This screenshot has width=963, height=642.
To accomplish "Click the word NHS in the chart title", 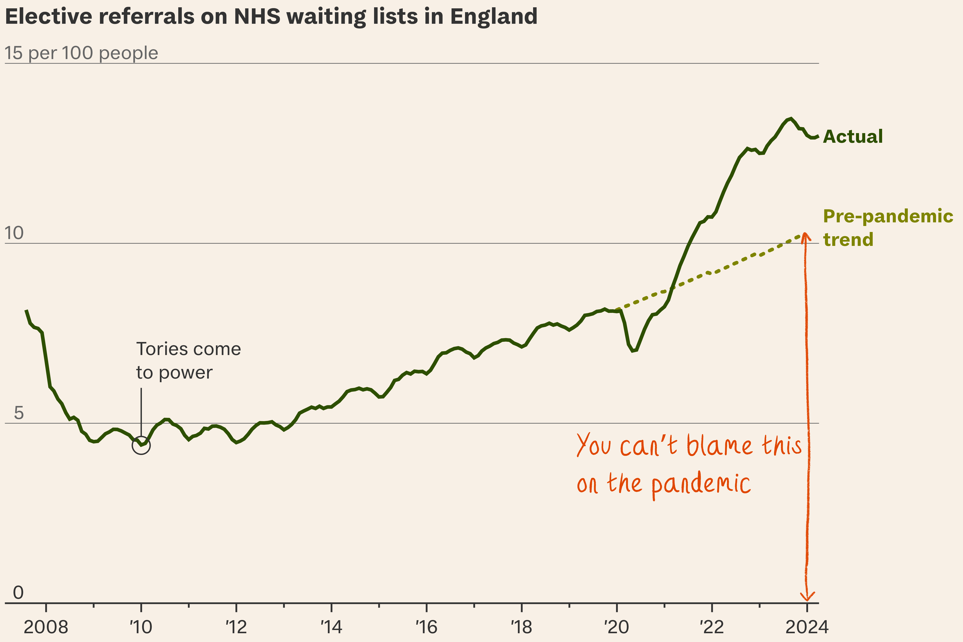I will (257, 17).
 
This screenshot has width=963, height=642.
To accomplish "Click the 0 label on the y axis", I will (18, 592).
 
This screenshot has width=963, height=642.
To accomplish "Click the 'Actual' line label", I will (853, 136).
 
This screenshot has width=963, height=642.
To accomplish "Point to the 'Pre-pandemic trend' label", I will (888, 228).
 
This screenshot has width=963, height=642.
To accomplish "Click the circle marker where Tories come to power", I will (141, 445).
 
